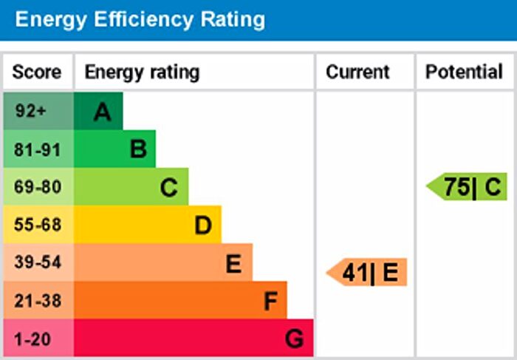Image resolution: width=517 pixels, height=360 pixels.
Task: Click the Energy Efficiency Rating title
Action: click(140, 19)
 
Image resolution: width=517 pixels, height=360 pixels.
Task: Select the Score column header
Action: click(37, 72)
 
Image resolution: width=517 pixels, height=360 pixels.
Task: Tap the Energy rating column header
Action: click(142, 72)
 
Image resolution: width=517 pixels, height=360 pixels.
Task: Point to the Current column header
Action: click(357, 72)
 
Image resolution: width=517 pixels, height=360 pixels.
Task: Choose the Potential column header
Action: click(464, 72)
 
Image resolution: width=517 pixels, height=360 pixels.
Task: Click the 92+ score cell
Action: click(30, 112)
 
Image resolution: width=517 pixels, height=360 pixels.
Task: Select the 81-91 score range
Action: click(37, 149)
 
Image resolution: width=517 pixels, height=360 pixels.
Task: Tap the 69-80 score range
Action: click(37, 187)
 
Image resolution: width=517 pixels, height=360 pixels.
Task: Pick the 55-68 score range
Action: click(37, 225)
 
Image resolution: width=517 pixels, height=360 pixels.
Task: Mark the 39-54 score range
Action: click(37, 262)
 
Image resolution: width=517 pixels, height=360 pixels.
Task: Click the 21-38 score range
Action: click(37, 300)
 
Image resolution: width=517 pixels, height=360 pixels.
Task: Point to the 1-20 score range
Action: click(33, 338)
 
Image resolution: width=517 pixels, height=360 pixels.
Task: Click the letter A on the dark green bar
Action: click(102, 112)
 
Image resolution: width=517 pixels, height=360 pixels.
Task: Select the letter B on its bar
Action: click(137, 150)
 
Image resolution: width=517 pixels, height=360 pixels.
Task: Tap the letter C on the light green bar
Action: click(169, 189)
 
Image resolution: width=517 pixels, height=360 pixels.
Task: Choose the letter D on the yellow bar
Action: click(203, 225)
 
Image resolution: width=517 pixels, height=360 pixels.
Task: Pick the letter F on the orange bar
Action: click(270, 301)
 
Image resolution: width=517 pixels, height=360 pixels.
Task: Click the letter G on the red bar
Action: click(294, 339)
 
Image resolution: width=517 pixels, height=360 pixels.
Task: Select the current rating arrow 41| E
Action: click(367, 273)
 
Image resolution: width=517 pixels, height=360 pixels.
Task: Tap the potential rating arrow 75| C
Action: click(467, 186)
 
